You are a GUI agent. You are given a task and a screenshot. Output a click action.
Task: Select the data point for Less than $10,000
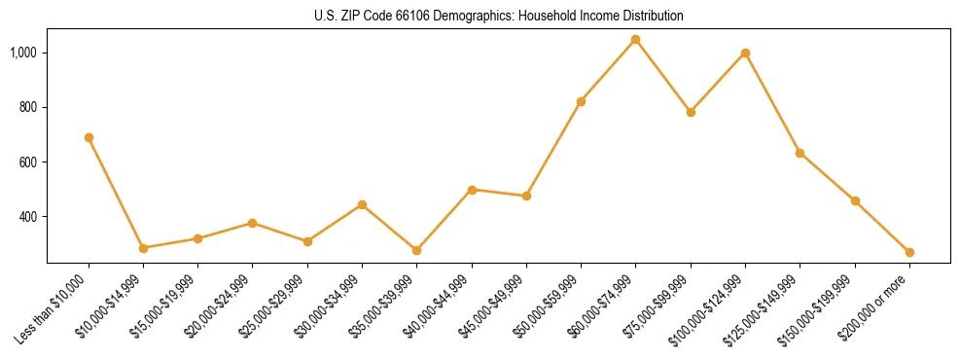point(89,137)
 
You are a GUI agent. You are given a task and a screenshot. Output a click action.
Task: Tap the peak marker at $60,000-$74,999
point(635,39)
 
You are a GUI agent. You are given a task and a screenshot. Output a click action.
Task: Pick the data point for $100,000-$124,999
point(745,53)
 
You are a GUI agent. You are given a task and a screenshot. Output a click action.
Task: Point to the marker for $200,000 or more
point(909,252)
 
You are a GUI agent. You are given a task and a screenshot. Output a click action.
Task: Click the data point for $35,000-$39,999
point(416,250)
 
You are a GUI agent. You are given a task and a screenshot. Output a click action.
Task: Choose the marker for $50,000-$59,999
point(581,101)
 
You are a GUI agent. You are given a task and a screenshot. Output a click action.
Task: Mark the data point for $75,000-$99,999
point(691,112)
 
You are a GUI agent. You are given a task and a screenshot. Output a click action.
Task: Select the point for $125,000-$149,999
point(800,153)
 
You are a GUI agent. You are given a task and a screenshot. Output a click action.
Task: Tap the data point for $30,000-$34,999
point(362,204)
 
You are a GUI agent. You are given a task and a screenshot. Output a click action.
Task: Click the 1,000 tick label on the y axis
point(24,52)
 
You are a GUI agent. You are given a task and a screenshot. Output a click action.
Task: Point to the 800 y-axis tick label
point(29,107)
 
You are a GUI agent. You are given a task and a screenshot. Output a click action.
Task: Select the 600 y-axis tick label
point(29,162)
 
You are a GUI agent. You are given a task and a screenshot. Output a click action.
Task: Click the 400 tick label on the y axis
point(29,216)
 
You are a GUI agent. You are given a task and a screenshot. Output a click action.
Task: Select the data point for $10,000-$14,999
point(143,248)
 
